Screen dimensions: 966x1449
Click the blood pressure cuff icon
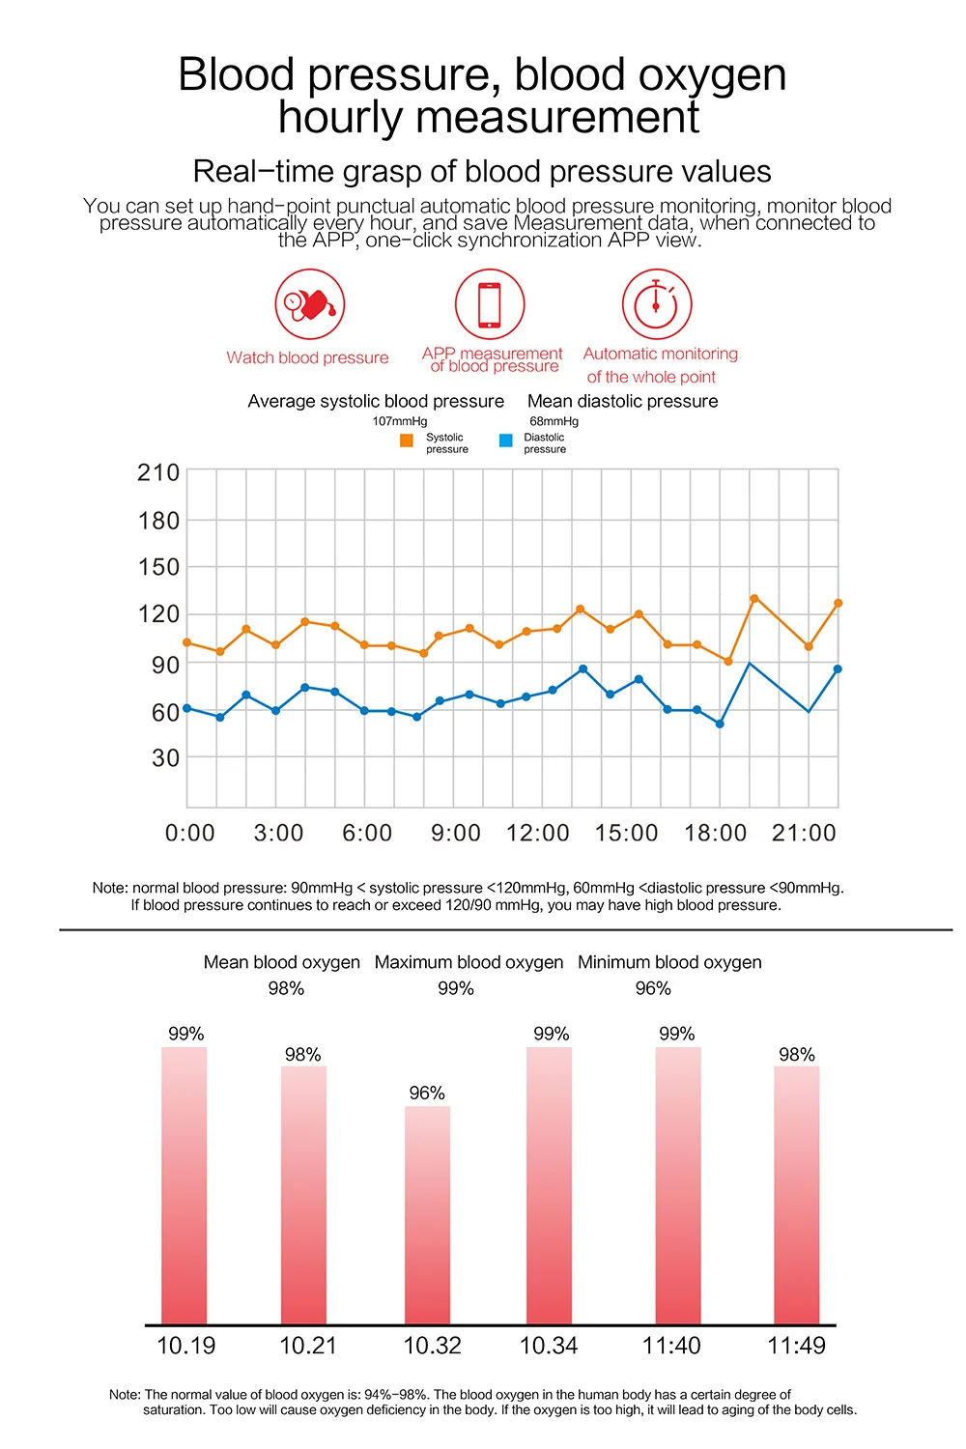(x=310, y=304)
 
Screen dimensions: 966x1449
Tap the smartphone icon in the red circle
(x=490, y=304)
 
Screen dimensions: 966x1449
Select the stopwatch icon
(x=657, y=304)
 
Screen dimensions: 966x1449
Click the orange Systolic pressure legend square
(x=407, y=440)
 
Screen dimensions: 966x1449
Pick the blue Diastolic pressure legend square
(x=506, y=440)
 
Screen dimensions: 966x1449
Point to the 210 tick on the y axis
(x=158, y=473)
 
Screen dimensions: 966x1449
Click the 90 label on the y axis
(x=165, y=665)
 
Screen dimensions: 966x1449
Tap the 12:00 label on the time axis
(x=538, y=833)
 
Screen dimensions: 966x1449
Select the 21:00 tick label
(x=804, y=833)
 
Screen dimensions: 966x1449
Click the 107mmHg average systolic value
(x=400, y=421)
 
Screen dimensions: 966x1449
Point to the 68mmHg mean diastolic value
(x=554, y=421)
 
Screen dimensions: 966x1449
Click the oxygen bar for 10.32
(x=427, y=1215)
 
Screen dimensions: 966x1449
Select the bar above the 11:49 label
(x=797, y=1195)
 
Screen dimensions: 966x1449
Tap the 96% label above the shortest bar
(x=427, y=1094)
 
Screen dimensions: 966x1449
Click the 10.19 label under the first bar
(x=186, y=1347)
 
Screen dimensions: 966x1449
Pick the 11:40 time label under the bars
(x=671, y=1347)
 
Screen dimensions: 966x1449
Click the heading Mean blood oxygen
(x=281, y=962)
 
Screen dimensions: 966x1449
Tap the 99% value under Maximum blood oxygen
(x=456, y=988)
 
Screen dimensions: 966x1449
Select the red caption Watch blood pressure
(x=307, y=357)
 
